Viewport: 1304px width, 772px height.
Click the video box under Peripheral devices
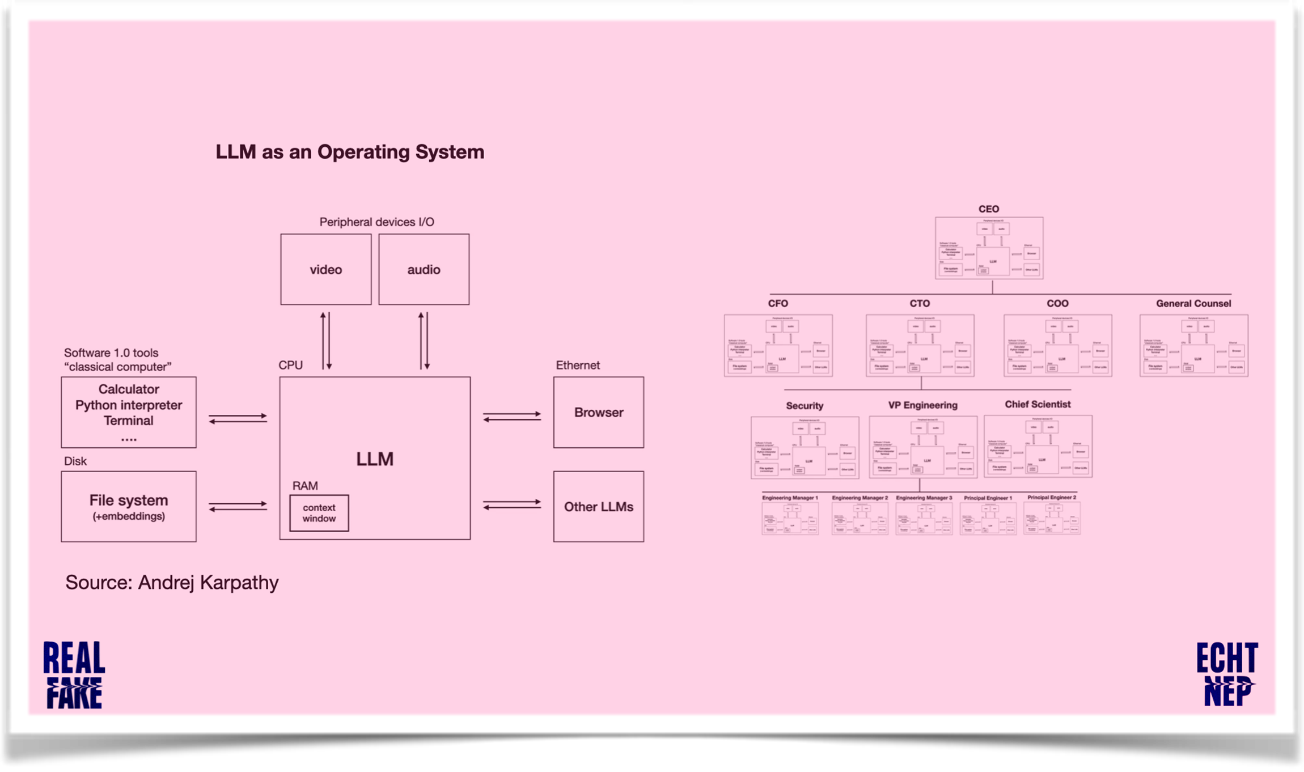click(325, 269)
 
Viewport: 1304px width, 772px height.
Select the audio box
click(424, 269)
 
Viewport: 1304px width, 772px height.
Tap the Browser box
click(598, 412)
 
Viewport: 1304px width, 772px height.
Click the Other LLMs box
click(598, 506)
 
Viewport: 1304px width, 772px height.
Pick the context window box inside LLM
click(319, 513)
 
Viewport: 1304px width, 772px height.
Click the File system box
click(129, 506)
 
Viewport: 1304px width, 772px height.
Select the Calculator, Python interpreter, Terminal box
click(129, 412)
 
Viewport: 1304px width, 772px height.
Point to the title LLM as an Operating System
click(350, 152)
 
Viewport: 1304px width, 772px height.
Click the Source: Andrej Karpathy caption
click(172, 582)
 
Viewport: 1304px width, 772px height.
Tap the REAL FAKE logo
click(74, 675)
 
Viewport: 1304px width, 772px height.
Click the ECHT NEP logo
click(1227, 675)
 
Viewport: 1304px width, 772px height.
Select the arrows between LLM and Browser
click(511, 417)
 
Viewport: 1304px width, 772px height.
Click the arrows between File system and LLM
click(238, 506)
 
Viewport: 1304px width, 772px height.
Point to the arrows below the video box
click(326, 341)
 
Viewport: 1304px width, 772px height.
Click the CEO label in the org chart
click(989, 209)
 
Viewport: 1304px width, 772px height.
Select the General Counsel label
click(1193, 303)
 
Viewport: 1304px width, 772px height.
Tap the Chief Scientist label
click(1038, 404)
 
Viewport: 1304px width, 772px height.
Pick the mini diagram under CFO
click(778, 345)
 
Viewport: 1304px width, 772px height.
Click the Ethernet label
click(577, 365)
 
